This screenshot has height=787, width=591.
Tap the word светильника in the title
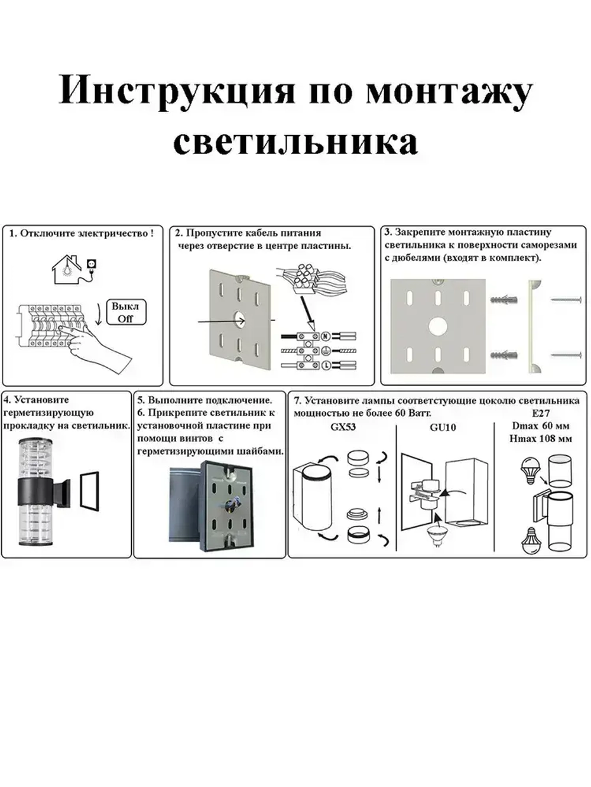(x=295, y=142)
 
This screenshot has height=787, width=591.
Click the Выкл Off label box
(x=125, y=313)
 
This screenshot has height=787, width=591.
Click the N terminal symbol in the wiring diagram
(x=324, y=336)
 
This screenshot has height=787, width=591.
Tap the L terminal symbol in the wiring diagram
(x=324, y=365)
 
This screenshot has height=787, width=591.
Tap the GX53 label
(x=343, y=427)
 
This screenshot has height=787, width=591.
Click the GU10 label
(x=443, y=427)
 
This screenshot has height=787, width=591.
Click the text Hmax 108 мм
(x=540, y=439)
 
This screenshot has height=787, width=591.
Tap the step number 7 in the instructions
(x=297, y=401)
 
